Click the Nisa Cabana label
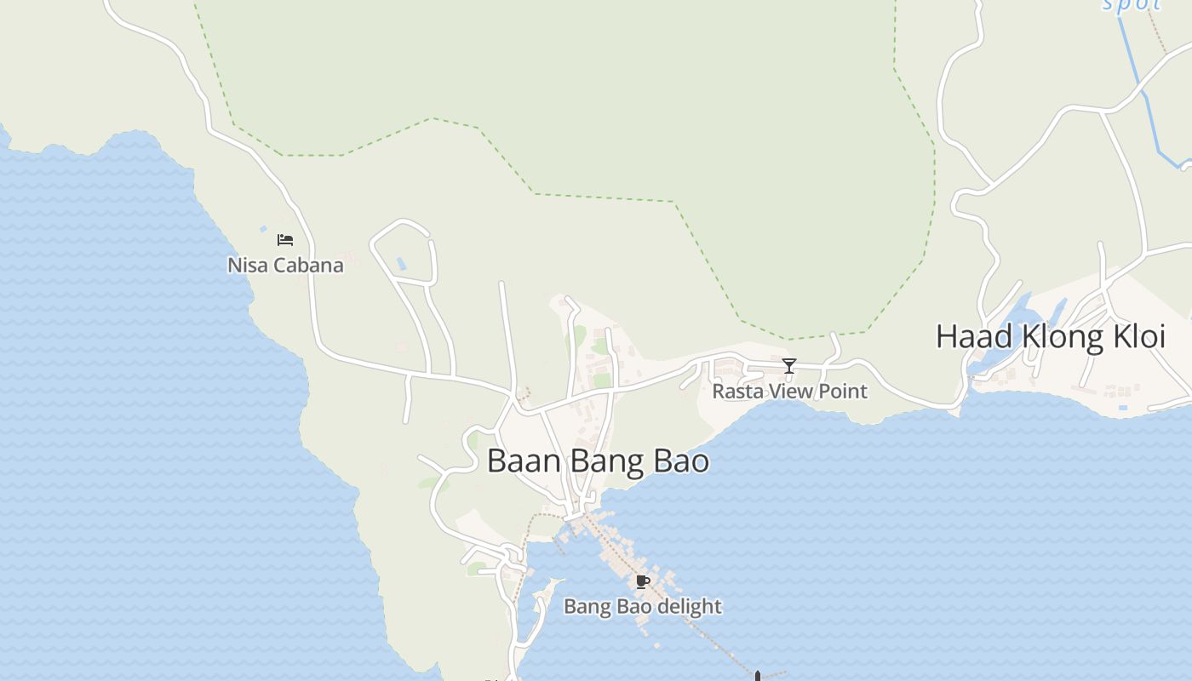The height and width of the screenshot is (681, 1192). (285, 265)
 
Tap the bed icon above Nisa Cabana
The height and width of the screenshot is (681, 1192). (285, 240)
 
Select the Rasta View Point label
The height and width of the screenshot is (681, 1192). (789, 391)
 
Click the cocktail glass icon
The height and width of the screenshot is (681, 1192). (789, 366)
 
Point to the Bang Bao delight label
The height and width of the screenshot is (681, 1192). (643, 606)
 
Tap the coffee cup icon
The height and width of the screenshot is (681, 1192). (643, 582)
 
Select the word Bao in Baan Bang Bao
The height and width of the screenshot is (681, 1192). (681, 461)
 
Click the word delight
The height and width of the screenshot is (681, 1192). (689, 606)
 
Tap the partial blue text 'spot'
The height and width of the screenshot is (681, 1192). (1132, 4)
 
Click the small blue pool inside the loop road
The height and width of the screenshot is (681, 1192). (401, 264)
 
